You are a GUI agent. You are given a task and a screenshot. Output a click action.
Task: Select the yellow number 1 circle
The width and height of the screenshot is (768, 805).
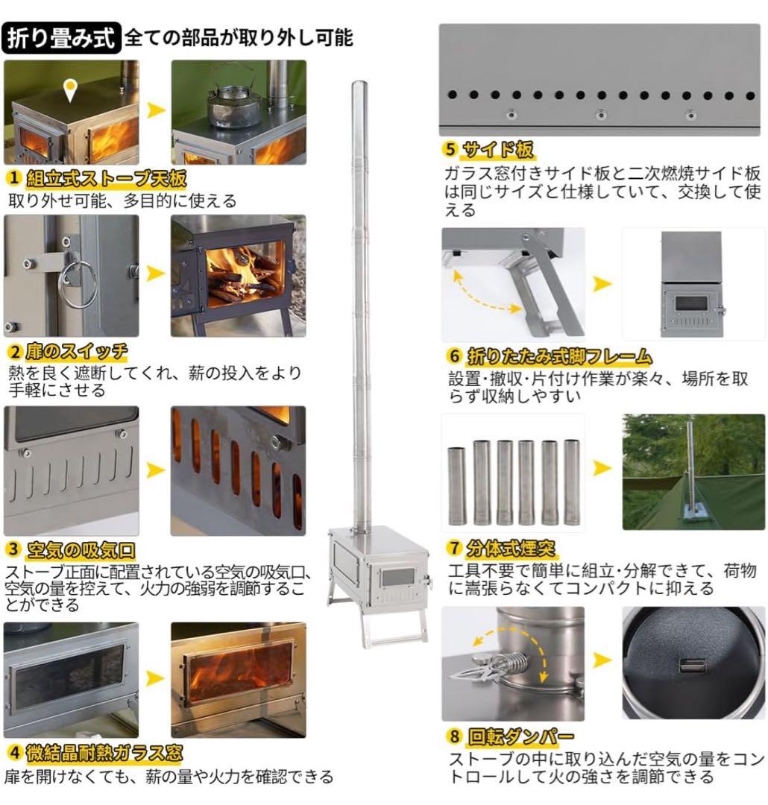13,180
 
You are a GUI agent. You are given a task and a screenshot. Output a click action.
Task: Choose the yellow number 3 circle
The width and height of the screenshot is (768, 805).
13,551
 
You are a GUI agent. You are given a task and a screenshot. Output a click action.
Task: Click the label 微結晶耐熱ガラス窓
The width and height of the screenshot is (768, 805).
104,752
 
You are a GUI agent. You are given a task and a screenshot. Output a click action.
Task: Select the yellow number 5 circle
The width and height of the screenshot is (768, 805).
450,149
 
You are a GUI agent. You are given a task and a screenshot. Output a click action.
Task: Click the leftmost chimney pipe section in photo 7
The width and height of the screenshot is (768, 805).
456,484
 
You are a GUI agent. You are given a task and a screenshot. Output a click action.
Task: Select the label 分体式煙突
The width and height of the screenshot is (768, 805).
512,550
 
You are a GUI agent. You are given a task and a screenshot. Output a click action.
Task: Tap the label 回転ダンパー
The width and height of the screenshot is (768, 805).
521,737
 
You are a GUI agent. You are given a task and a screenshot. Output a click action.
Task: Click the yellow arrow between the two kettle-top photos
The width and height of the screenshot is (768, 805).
155,110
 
